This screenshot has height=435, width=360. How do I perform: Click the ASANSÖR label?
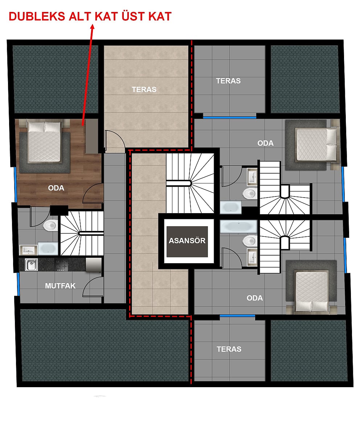(187, 241)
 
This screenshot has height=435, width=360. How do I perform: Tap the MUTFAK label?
(60, 286)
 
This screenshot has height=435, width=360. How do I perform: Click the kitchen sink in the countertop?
(31, 265)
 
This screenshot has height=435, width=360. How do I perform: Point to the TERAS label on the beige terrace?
(144, 90)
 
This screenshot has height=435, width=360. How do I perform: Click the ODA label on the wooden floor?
(56, 188)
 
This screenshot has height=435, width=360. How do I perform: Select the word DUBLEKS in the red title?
(37, 16)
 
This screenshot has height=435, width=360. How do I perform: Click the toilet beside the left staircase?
(50, 225)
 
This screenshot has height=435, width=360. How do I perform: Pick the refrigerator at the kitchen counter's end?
(93, 264)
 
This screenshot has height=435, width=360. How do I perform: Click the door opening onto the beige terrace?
(115, 140)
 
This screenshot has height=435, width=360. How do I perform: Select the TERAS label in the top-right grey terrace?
(228, 80)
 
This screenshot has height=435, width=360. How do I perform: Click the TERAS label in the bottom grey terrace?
(229, 349)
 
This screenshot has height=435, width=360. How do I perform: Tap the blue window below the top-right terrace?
(230, 117)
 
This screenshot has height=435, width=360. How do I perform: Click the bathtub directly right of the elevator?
(238, 227)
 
